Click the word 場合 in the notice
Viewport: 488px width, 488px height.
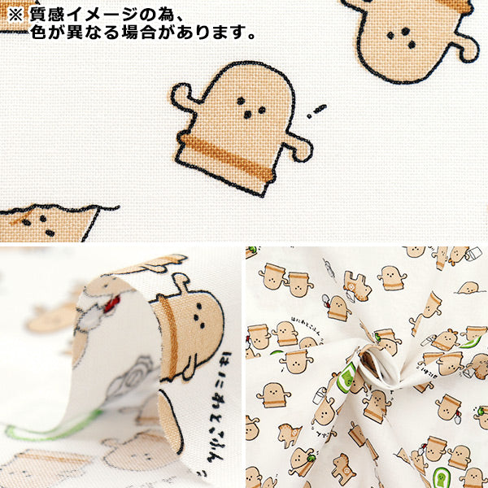(x=144, y=34)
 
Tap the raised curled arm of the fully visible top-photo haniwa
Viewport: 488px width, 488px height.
(x=185, y=98)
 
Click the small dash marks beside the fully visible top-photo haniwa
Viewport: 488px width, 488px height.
(x=316, y=111)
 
